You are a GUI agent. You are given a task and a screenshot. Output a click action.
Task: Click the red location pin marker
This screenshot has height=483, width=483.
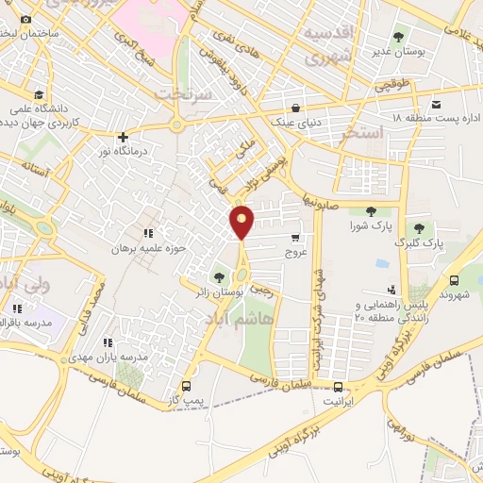(x=242, y=223)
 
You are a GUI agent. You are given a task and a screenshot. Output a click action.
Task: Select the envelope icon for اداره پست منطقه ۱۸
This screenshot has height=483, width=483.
(x=437, y=105)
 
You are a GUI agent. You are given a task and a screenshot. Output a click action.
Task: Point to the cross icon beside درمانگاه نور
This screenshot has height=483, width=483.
(x=122, y=137)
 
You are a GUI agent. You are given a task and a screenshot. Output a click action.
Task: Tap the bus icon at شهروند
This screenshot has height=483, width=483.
(x=455, y=280)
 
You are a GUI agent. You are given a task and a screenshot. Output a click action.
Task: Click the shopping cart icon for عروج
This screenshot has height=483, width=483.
(x=295, y=239)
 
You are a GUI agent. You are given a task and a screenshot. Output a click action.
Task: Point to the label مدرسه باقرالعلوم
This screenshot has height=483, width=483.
(x=25, y=324)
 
